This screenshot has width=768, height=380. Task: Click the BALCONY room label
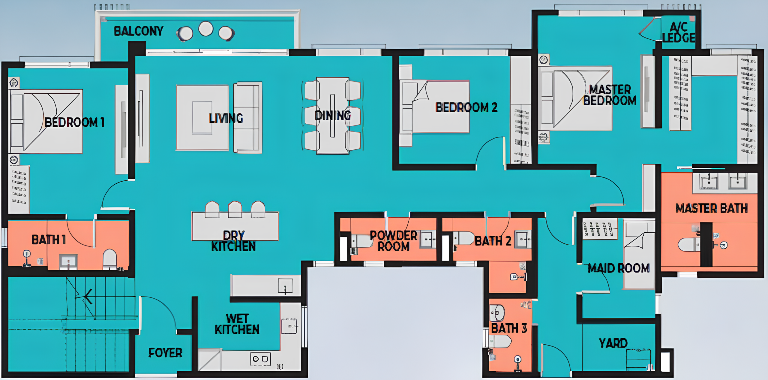pos(139,31)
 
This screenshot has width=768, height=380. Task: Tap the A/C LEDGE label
pos(679,32)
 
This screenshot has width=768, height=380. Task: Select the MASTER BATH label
pos(711,208)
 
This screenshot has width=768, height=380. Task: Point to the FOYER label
pos(165,353)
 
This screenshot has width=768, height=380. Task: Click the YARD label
pos(613,343)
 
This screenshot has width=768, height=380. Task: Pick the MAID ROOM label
pos(619,268)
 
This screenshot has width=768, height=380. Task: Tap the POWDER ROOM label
pos(394,241)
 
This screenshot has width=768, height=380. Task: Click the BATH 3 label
pos(509,328)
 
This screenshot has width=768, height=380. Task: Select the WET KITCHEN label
pos(237,324)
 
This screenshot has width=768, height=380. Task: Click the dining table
pos(332,116)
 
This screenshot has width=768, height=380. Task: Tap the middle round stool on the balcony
pos(206,29)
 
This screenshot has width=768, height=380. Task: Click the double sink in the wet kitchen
pos(260,359)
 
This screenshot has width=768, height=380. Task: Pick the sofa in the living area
pos(247,117)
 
